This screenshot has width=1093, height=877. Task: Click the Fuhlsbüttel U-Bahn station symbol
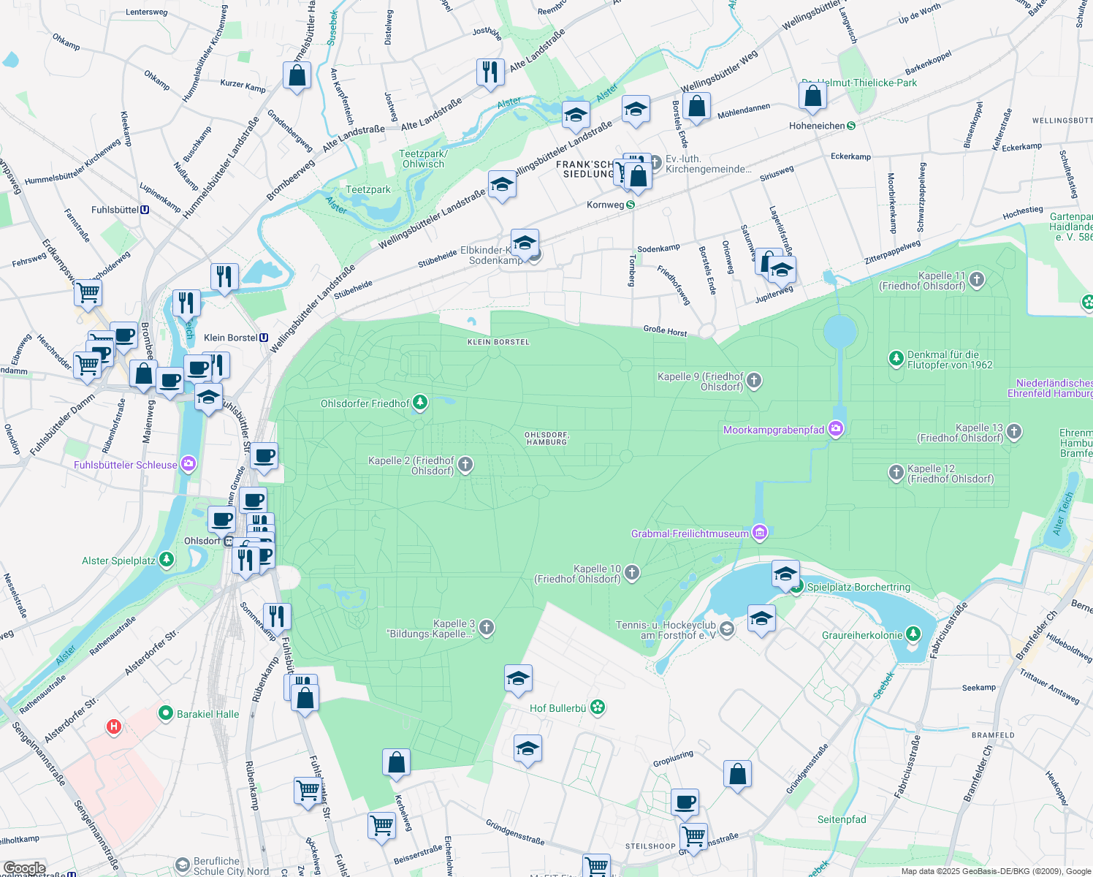click(x=145, y=210)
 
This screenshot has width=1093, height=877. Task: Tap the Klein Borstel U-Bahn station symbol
click(x=264, y=338)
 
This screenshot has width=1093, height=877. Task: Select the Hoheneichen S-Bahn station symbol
click(x=851, y=126)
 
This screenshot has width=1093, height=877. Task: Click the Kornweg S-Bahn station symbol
click(x=631, y=205)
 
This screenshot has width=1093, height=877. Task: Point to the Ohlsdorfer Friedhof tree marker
click(x=419, y=403)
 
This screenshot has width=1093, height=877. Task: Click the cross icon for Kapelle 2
click(x=465, y=465)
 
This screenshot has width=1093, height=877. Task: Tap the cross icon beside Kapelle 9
click(x=754, y=381)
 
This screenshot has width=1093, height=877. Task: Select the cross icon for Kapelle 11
click(x=977, y=280)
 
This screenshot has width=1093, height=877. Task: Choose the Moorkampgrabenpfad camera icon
click(x=836, y=430)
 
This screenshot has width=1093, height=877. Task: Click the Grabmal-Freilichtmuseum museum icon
click(x=760, y=534)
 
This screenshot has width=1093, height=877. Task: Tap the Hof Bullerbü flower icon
click(x=598, y=707)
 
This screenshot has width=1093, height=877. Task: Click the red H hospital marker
click(x=113, y=726)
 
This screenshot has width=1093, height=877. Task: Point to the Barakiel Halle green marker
click(x=166, y=713)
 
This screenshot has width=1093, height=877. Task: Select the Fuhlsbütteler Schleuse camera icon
click(x=188, y=465)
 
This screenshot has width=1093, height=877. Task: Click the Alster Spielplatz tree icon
click(x=167, y=561)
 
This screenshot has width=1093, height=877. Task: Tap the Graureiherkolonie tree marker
click(x=913, y=634)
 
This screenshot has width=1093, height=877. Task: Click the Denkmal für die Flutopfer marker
click(x=896, y=359)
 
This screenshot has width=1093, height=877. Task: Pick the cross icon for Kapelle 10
click(x=632, y=573)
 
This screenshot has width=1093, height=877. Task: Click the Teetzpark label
click(x=368, y=189)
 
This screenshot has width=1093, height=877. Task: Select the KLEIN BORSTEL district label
click(x=498, y=342)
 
